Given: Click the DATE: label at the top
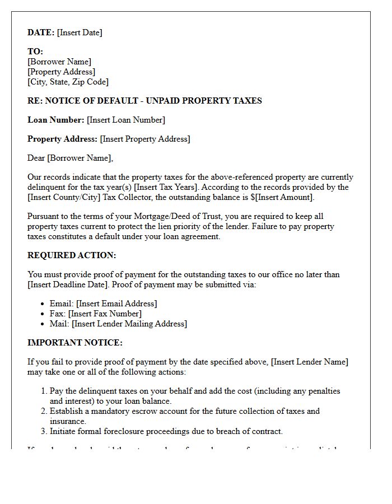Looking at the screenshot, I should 41,32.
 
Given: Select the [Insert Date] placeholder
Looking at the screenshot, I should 80,32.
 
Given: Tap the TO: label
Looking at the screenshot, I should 35,52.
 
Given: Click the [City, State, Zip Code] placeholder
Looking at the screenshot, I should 68,82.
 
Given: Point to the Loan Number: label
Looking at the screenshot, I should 56,120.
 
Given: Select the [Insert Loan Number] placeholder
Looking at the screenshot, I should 126,120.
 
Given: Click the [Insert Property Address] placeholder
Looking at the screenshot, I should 145,139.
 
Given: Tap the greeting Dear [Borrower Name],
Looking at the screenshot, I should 70,158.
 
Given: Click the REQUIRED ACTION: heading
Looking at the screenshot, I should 72,255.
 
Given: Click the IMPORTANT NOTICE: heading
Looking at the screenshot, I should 74,343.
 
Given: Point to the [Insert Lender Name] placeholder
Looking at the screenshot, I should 309,362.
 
